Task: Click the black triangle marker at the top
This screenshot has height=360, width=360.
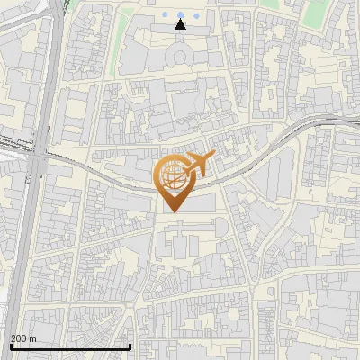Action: (x=180, y=24)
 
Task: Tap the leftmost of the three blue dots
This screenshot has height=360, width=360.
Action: (x=168, y=14)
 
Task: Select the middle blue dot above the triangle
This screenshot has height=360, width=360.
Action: (x=180, y=14)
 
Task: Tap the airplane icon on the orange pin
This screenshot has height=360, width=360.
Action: (x=198, y=164)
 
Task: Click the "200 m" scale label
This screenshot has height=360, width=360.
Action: (x=22, y=337)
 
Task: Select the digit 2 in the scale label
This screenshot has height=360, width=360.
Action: (x=13, y=337)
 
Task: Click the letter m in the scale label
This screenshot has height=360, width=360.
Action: (x=32, y=338)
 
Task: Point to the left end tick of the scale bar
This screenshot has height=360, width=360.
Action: (x=10, y=346)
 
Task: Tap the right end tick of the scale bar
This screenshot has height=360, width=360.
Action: (x=130, y=346)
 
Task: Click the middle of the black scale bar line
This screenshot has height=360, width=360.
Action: (x=70, y=347)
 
